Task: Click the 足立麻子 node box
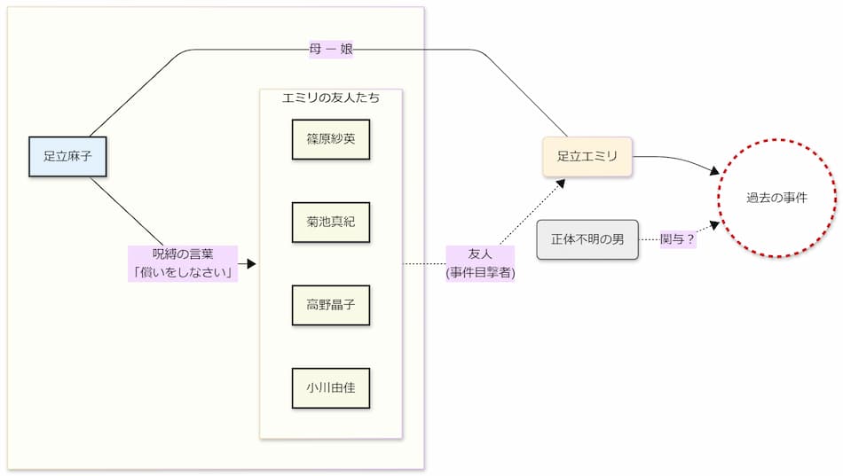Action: [x=67, y=157]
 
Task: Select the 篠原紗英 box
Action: [x=330, y=139]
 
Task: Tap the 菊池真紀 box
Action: [x=330, y=222]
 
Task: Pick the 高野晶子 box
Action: [x=330, y=305]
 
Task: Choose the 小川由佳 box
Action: [x=330, y=387]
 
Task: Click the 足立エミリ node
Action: [x=587, y=157]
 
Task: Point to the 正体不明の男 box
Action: [x=587, y=239]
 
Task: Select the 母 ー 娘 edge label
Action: [x=331, y=50]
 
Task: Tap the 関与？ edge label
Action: [x=678, y=239]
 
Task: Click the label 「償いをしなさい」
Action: [x=184, y=273]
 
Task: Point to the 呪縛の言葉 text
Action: [x=184, y=254]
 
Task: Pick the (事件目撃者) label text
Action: [x=480, y=273]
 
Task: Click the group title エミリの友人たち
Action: [x=330, y=98]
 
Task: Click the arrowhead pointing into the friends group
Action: [x=251, y=264]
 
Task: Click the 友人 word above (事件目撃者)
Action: [x=480, y=254]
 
